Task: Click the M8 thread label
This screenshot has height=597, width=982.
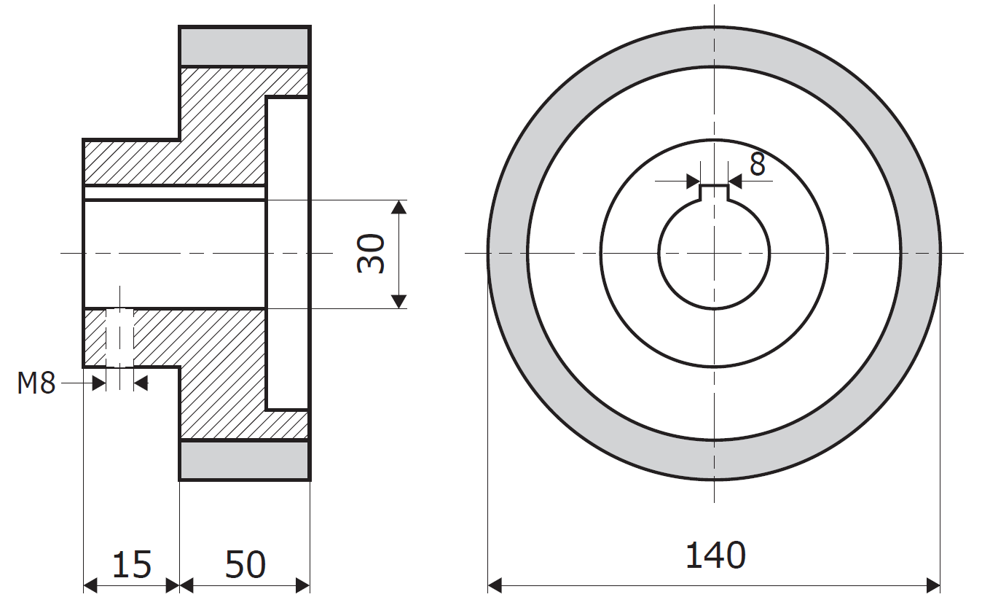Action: pos(36,383)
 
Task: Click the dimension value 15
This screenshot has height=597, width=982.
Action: pos(132,564)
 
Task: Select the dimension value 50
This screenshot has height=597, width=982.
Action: pos(245,564)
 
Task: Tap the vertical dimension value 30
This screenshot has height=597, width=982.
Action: pos(371,254)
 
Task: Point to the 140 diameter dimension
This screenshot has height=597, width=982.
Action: pos(715,555)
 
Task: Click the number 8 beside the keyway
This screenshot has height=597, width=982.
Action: pos(758,165)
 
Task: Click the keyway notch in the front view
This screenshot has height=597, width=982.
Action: pos(714,192)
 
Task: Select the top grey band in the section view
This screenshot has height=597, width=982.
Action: pos(245,47)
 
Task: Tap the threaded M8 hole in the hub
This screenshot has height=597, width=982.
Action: pos(119,337)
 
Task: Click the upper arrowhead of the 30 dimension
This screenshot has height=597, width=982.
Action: pos(398,207)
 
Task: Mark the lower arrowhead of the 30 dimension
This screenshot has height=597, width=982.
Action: pos(398,302)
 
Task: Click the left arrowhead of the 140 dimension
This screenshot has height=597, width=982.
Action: pos(495,585)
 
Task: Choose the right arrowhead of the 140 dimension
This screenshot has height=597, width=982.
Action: pos(933,585)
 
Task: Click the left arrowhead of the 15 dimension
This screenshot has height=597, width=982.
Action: pos(90,585)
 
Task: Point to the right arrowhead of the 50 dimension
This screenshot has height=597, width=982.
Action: pos(303,585)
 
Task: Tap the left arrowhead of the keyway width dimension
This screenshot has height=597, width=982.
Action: pos(693,181)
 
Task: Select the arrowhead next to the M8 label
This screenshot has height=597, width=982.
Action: pos(99,383)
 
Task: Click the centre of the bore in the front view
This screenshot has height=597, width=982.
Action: pos(714,253)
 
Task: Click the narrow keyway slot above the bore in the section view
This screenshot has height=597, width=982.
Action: pos(175,192)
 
